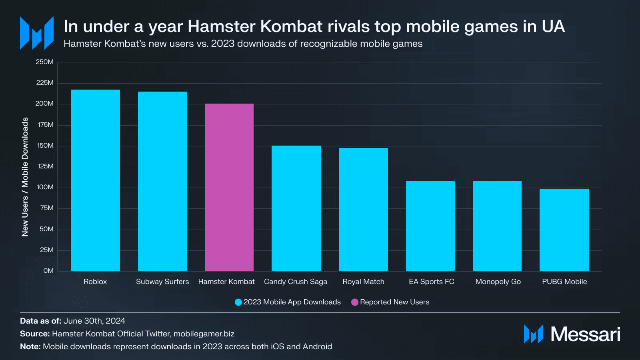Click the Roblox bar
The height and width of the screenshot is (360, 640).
point(95,180)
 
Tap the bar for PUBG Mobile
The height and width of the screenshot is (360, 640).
point(564,230)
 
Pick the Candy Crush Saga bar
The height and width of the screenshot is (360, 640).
point(296,208)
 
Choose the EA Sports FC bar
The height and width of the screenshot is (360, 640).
point(430,226)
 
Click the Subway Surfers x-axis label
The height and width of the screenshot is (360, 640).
point(162,282)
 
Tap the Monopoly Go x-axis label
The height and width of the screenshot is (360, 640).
point(498,282)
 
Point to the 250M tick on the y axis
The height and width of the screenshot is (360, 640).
point(44,62)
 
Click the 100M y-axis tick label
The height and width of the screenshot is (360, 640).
point(45,187)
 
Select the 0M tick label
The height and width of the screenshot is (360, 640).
point(48,271)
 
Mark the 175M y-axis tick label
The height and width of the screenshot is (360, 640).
point(46,125)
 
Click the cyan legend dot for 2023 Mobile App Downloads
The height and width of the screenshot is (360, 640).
point(238,302)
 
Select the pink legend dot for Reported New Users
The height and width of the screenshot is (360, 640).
point(355,302)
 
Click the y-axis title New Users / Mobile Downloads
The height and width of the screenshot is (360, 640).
point(25,177)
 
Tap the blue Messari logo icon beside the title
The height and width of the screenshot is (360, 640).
point(37,33)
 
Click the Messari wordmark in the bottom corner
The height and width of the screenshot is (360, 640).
point(585,334)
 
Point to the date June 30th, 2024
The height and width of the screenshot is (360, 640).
point(94,321)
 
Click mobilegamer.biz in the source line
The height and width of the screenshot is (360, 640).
point(204,334)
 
